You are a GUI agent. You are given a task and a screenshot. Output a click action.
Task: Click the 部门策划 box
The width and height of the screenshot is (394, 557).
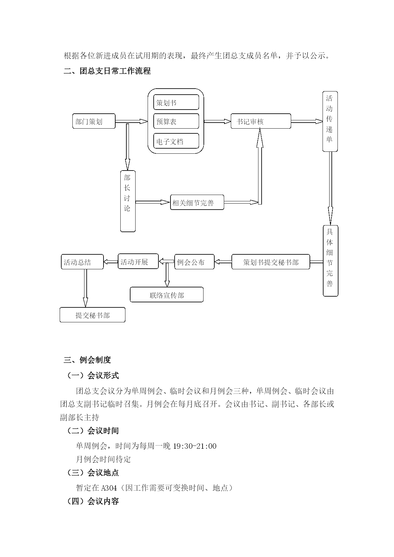click(94, 121)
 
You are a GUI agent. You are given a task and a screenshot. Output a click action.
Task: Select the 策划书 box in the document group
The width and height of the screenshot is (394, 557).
click(176, 102)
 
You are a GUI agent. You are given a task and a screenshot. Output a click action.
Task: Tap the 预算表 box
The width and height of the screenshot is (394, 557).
click(176, 121)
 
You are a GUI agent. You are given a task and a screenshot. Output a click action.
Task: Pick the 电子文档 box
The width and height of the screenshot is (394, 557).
click(176, 141)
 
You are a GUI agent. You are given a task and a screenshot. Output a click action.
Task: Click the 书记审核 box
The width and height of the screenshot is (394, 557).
click(261, 121)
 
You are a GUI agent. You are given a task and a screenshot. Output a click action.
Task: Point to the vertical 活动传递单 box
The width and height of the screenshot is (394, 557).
click(330, 122)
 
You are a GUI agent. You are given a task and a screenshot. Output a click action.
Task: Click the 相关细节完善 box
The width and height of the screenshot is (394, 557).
click(197, 202)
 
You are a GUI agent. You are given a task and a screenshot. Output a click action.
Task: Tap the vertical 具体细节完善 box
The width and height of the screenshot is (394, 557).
click(331, 261)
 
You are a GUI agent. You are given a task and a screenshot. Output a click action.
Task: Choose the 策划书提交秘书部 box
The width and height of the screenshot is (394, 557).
click(271, 262)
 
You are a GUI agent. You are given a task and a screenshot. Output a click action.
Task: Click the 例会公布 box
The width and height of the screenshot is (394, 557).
click(194, 262)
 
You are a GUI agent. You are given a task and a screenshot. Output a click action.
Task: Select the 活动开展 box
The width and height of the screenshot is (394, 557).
click(138, 261)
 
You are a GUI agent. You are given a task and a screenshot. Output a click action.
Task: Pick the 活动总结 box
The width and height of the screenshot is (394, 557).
click(82, 262)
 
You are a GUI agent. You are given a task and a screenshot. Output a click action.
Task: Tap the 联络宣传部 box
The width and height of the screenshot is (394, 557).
click(167, 295)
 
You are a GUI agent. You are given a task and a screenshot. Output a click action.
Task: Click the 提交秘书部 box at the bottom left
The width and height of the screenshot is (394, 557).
click(92, 315)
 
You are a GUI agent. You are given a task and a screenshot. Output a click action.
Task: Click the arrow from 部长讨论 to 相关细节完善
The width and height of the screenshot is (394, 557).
click(153, 202)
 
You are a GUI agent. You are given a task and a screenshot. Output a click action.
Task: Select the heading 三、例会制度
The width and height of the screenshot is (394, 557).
click(87, 360)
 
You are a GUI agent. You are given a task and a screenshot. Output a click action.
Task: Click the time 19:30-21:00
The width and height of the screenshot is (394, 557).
click(195, 446)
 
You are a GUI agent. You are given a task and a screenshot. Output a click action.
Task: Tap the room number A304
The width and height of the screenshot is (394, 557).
click(109, 487)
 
